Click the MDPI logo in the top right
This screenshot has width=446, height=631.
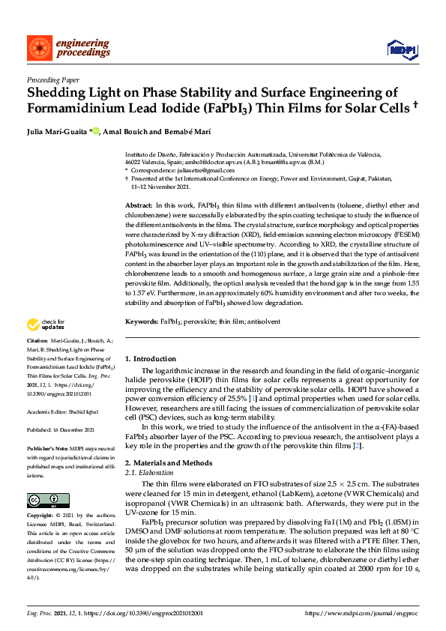401,49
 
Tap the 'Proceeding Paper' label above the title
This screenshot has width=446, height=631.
53,79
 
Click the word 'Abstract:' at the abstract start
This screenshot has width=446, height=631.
139,205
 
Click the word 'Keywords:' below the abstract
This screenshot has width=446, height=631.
142,321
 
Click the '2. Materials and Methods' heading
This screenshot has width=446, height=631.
169,463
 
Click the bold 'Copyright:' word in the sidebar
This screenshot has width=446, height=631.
40,516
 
